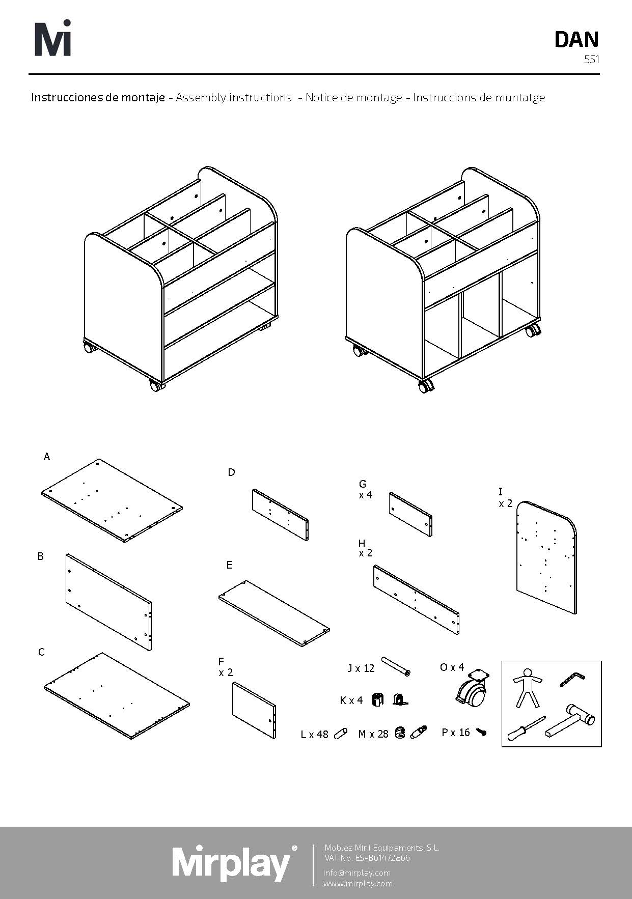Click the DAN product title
(576, 40)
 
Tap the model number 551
(592, 60)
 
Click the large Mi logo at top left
(52, 38)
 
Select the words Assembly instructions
(234, 97)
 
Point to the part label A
(47, 457)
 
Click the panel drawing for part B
(109, 602)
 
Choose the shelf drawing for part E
(274, 613)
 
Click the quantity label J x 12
(361, 668)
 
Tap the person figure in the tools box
(527, 688)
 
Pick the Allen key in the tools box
(572, 679)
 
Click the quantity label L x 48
(315, 734)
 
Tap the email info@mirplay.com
(357, 873)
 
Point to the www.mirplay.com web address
(358, 883)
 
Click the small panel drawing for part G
(410, 514)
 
